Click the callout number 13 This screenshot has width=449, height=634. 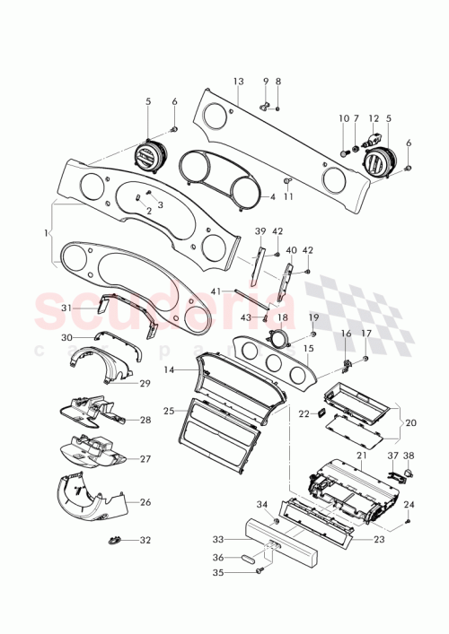click(238, 81)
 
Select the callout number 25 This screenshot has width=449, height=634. click(169, 410)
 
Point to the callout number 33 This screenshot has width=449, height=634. click(217, 539)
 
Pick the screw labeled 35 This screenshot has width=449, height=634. click(261, 569)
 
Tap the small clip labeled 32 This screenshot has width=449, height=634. click(114, 540)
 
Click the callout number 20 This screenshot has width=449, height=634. click(412, 422)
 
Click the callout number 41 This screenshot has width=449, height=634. click(216, 291)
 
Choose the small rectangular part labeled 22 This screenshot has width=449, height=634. click(318, 413)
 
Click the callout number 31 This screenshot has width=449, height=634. click(66, 308)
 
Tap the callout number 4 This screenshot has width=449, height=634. click(272, 196)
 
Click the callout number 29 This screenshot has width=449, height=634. click(145, 383)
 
